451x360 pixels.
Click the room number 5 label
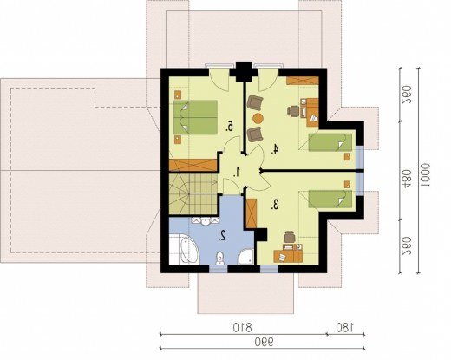point(230,127)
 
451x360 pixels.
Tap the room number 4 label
point(275,149)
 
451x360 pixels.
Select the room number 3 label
point(275,205)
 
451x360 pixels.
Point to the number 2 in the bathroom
point(223,236)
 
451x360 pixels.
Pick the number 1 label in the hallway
point(237,172)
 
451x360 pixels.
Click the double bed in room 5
point(195,117)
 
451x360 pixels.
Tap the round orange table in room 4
point(258,118)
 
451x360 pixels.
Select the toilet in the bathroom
point(220,258)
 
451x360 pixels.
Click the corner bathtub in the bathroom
point(184,250)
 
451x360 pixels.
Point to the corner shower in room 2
point(245,257)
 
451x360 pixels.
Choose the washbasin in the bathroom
point(206,220)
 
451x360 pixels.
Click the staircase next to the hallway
point(193,194)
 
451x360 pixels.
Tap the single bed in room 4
point(330,142)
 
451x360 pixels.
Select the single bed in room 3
point(330,199)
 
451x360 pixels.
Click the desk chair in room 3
point(289,237)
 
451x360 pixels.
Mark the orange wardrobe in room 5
point(193,165)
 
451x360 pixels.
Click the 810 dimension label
point(242,328)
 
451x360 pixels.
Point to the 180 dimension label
point(344,328)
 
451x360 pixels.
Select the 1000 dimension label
point(425,176)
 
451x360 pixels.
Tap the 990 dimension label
point(264,343)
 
